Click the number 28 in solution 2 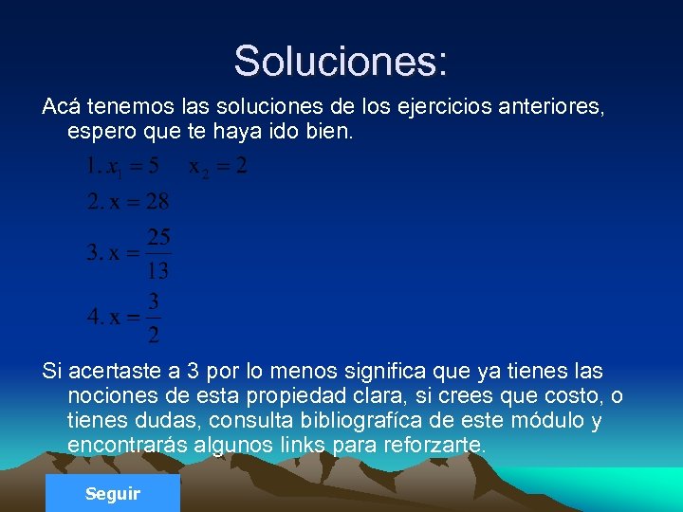click(x=157, y=201)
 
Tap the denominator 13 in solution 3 click(x=158, y=270)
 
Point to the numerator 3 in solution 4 click(x=154, y=301)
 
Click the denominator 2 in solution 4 click(x=154, y=334)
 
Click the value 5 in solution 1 click(x=153, y=167)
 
